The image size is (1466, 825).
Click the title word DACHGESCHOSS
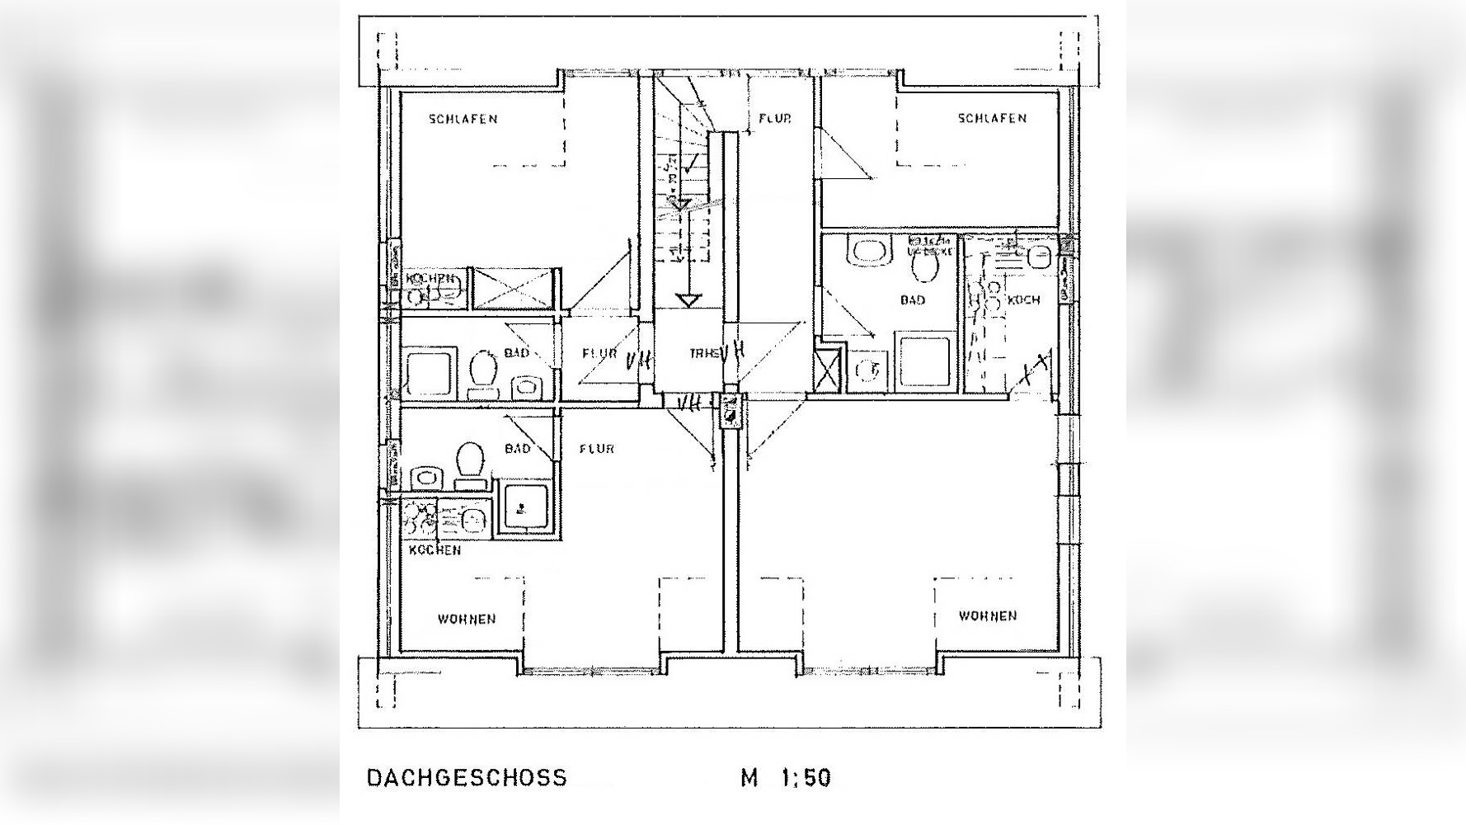[467, 778]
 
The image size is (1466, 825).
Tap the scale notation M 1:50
[785, 778]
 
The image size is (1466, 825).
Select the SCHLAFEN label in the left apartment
[463, 119]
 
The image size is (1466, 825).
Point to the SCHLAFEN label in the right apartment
[992, 118]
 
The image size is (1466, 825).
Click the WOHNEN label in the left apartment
[467, 619]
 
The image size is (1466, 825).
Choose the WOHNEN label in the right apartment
[987, 615]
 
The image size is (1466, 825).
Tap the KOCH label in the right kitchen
[1023, 299]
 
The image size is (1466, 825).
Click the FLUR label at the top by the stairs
[774, 119]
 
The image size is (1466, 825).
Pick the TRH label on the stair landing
[702, 353]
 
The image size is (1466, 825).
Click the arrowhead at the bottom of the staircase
[688, 300]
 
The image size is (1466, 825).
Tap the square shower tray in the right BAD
[926, 361]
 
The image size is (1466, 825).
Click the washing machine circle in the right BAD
[867, 370]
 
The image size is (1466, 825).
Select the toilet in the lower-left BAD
[470, 462]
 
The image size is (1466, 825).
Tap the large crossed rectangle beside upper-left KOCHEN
[511, 289]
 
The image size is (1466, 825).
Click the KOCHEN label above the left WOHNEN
[435, 549]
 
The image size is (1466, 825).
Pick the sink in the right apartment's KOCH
[1039, 257]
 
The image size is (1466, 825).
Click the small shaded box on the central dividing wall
[731, 410]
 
